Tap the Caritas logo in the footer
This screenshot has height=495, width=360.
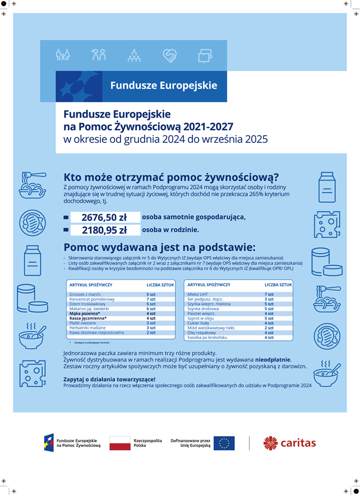[290, 443]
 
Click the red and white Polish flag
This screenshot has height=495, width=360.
[119, 443]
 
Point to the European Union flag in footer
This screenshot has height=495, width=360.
[224, 443]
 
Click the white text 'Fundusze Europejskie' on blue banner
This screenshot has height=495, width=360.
[163, 86]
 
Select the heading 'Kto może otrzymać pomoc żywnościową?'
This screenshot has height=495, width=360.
[171, 177]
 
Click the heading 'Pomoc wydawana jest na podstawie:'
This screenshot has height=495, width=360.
[159, 247]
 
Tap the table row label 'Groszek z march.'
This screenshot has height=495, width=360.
[85, 294]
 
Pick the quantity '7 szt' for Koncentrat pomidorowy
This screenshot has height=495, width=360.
[151, 299]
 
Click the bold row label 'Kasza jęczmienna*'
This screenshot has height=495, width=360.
[88, 318]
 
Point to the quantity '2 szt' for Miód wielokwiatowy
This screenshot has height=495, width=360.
[269, 327]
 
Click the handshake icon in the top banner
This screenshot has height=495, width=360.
[169, 55]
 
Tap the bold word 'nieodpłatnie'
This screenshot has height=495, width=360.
[273, 359]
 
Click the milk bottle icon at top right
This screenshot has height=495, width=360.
[326, 184]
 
